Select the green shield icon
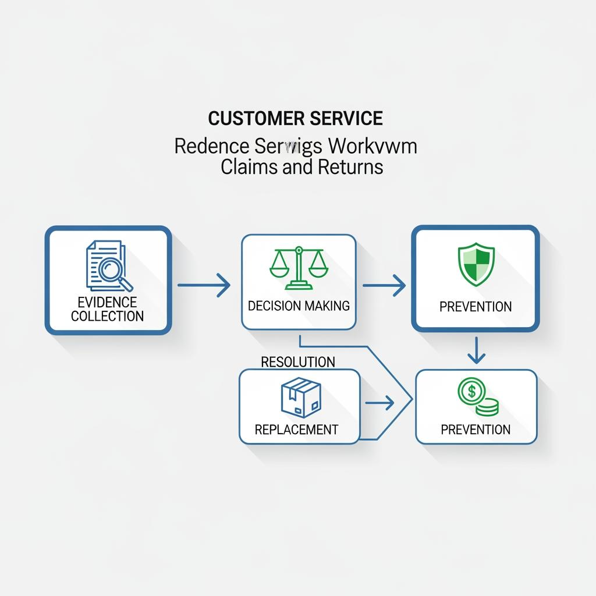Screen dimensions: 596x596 click(476, 265)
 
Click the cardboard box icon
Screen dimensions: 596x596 click(300, 397)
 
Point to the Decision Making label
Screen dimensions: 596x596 click(299, 306)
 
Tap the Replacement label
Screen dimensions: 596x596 click(296, 430)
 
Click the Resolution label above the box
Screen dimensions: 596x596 click(298, 362)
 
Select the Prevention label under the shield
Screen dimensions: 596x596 click(476, 307)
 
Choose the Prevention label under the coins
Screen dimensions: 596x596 click(476, 430)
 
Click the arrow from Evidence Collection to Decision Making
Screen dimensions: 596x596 click(204, 285)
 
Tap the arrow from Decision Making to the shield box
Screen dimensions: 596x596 click(384, 285)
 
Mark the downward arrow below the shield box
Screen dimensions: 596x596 click(476, 350)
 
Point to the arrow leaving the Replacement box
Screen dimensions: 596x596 click(379, 402)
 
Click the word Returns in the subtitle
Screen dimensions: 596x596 click(350, 167)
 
